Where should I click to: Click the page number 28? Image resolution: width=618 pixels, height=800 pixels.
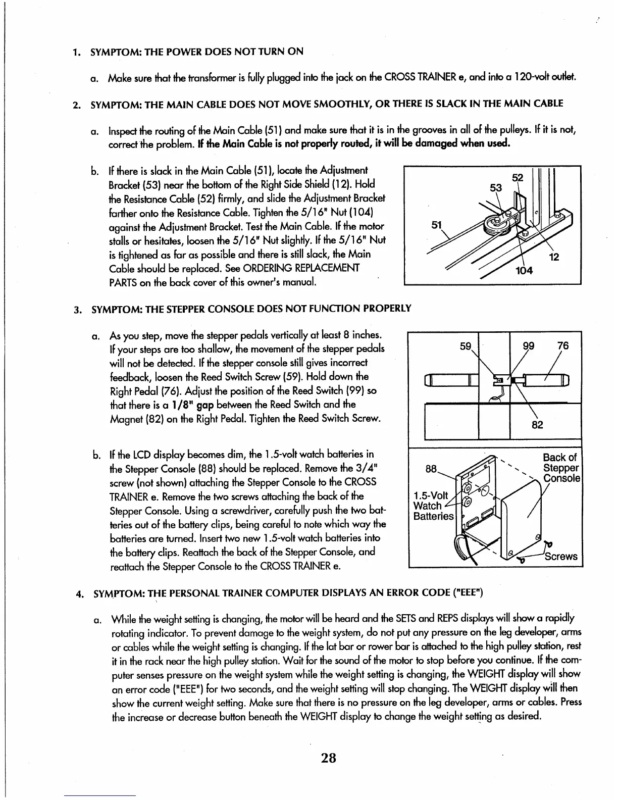(328, 758)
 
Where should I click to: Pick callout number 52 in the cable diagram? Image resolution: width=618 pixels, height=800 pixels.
(518, 178)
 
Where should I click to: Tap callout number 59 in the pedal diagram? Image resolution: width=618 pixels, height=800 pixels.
(465, 346)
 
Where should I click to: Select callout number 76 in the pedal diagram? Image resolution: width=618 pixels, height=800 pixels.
(562, 346)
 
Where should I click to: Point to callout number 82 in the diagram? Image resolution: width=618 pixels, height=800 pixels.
(537, 425)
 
